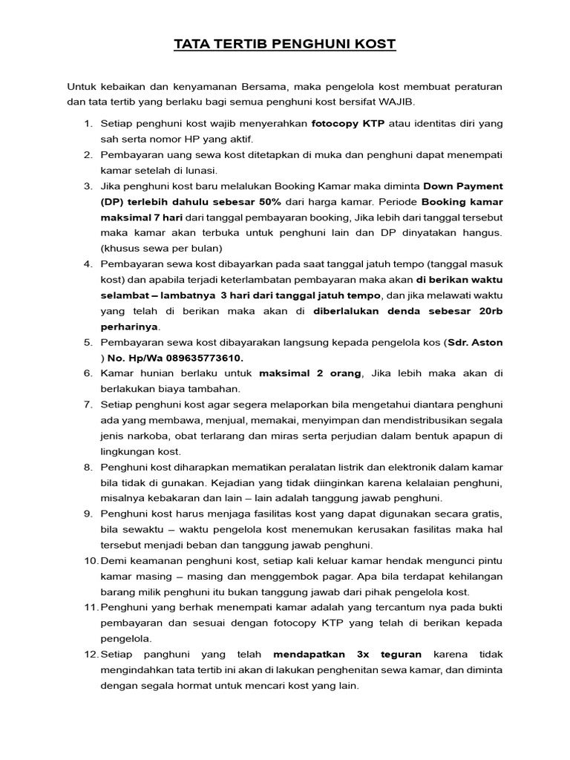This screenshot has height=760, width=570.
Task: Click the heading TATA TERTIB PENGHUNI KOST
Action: pyautogui.click(x=285, y=45)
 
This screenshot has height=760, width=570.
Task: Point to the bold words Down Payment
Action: pyautogui.click(x=463, y=186)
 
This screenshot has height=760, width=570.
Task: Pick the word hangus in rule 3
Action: pyautogui.click(x=484, y=232)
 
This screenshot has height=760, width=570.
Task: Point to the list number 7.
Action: pyautogui.click(x=87, y=404)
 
